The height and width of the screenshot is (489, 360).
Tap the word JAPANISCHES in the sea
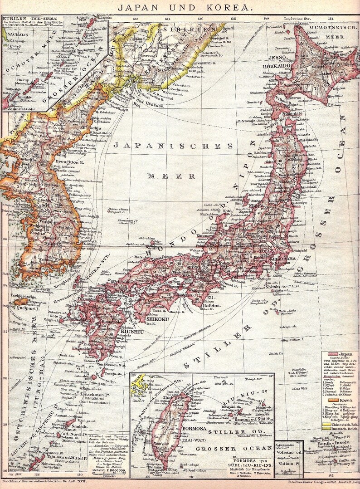[174, 146]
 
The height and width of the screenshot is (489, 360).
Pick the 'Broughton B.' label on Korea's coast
[68, 161]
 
